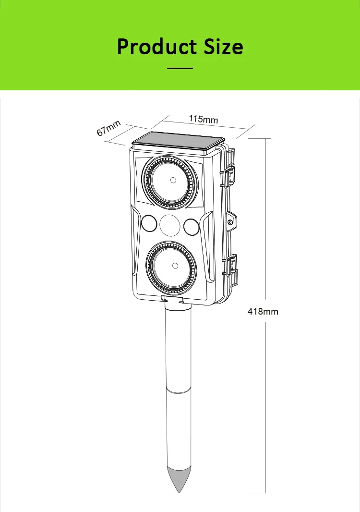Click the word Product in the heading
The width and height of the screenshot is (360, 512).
[x=153, y=47]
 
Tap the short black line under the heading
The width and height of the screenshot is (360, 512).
[x=180, y=69]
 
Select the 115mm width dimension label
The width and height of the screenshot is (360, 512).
[x=203, y=119]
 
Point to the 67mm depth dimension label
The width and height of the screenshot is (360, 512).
[x=108, y=129]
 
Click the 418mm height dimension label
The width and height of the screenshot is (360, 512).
[x=263, y=312]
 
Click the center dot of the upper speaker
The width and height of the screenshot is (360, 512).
[x=172, y=181]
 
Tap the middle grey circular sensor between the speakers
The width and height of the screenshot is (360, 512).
[x=169, y=225]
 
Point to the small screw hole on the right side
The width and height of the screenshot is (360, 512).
[x=231, y=222]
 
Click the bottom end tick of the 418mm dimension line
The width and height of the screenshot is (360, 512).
[x=265, y=493]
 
